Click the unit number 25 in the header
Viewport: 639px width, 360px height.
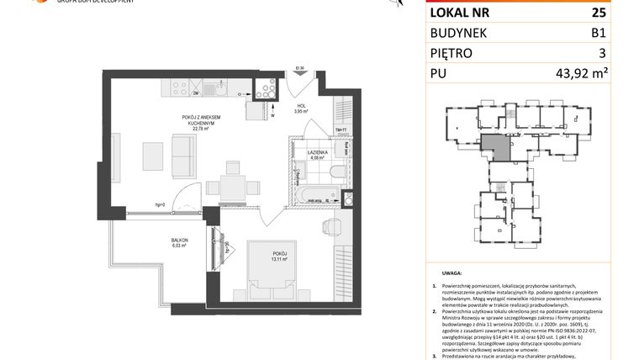tap(600, 13)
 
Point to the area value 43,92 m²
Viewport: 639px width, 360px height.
tap(581, 73)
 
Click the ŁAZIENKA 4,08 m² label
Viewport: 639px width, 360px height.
tap(316, 153)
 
